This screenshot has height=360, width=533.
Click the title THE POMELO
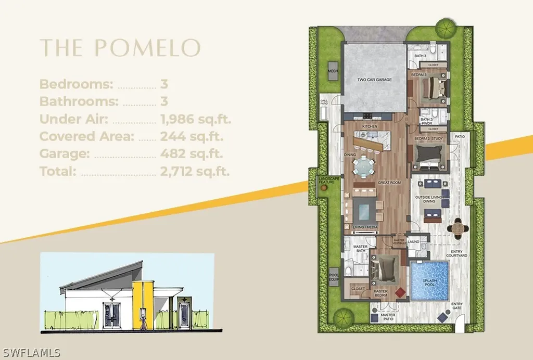tap(120, 48)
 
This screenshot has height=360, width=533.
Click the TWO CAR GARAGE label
tap(375, 80)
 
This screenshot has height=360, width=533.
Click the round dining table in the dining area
tap(363, 168)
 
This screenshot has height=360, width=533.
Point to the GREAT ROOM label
tap(388, 183)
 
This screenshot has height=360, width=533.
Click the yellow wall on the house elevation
tap(143, 304)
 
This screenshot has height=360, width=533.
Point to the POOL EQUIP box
tap(333, 276)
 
